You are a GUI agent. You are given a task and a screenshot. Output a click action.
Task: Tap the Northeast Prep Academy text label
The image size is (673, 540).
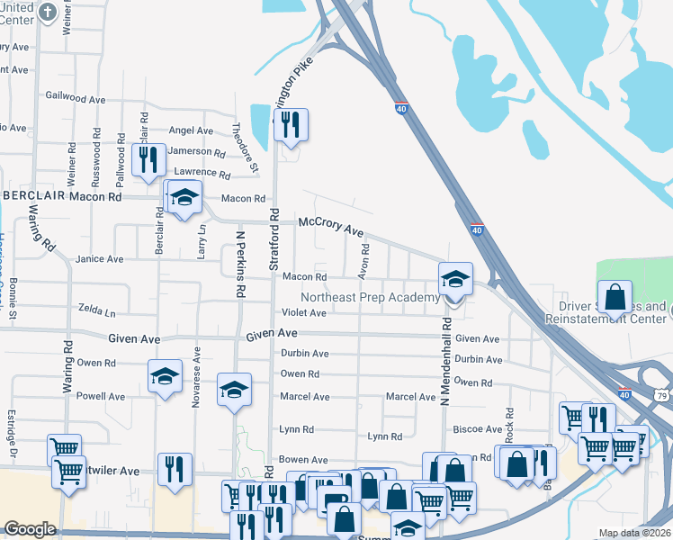[370, 298]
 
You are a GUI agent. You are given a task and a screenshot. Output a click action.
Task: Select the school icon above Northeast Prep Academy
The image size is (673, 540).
[455, 281]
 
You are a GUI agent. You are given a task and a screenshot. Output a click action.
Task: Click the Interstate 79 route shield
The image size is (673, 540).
[662, 395]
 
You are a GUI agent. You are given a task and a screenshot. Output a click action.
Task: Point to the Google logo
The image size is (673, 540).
[29, 529]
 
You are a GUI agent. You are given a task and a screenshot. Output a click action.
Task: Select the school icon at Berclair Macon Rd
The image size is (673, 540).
[184, 198]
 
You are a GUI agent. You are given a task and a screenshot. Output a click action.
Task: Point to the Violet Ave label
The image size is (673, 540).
[303, 313]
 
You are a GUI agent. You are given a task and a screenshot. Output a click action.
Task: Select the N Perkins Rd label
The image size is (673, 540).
[241, 264]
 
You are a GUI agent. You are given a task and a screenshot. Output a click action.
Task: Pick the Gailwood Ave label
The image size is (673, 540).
[70, 95]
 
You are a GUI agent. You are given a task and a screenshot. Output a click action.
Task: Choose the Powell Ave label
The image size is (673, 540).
[101, 396]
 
